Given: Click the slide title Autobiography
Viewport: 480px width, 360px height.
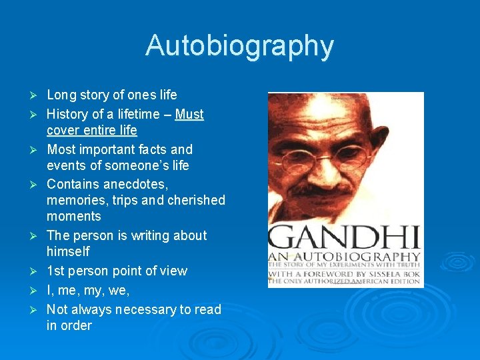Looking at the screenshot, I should (x=239, y=46).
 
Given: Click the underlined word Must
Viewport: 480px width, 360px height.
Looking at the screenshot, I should (x=189, y=114).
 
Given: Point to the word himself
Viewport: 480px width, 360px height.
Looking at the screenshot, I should (x=68, y=251).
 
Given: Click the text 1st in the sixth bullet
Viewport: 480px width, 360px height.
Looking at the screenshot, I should (x=56, y=271).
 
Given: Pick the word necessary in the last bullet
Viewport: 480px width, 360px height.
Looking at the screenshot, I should (x=151, y=309).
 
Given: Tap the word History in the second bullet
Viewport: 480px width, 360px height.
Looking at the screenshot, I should (x=68, y=114).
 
